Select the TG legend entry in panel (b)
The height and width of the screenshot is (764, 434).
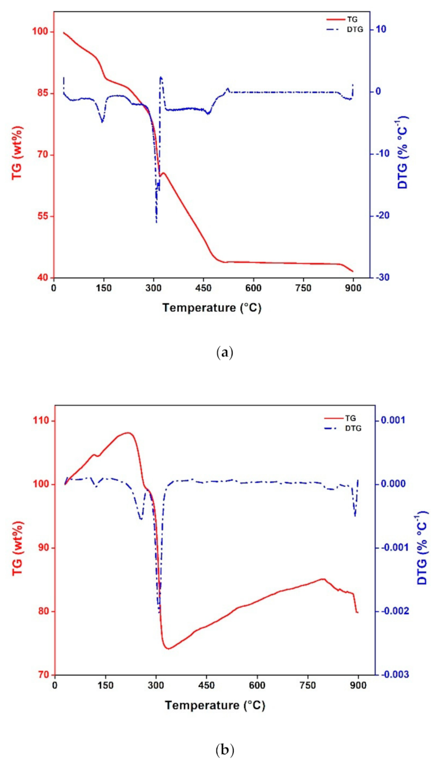[x=351, y=418]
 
